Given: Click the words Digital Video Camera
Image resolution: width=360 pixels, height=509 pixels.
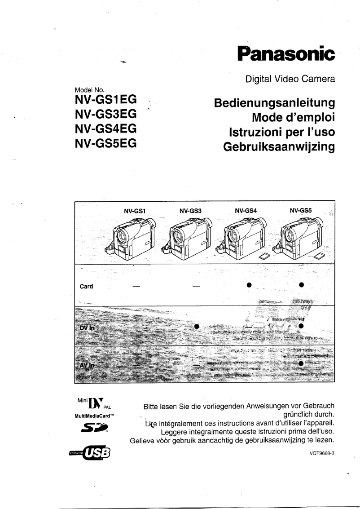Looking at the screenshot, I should pos(290,79).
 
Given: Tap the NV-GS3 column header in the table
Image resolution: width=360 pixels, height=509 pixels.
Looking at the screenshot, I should pos(190,210).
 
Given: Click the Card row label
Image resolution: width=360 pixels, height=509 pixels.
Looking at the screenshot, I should pos(86,287).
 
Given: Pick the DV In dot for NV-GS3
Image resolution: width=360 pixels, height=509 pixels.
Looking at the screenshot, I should pos(196,326).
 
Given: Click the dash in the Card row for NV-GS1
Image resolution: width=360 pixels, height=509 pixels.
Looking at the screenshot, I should pos(135,286).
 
